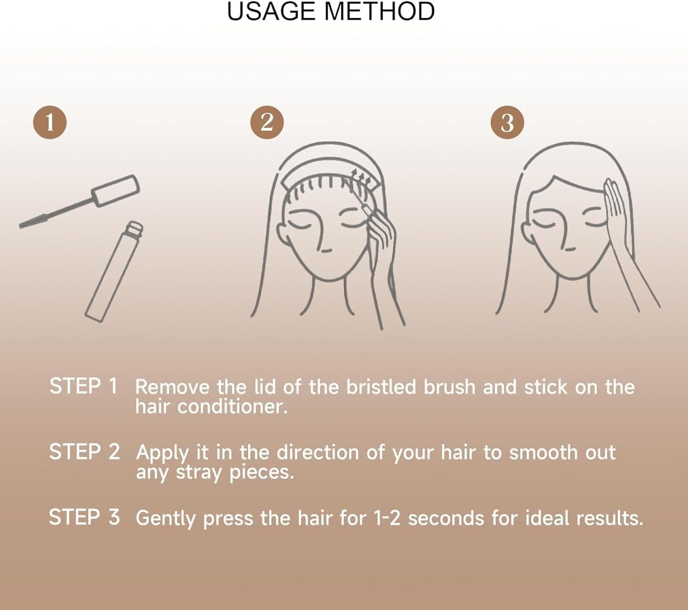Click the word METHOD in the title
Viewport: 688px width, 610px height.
click(379, 11)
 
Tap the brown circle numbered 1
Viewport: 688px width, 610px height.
click(50, 122)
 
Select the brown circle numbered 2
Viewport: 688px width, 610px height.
click(267, 122)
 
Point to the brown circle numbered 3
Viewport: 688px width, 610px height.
click(507, 123)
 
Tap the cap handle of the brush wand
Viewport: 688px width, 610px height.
click(116, 190)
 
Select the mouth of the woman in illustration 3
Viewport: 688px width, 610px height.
click(569, 249)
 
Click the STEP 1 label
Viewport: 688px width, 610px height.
click(83, 386)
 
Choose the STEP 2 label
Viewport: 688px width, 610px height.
click(84, 452)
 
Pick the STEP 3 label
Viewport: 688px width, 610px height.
click(84, 517)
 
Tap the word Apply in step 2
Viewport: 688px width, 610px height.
click(162, 453)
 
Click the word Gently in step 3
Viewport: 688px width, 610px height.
click(166, 519)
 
